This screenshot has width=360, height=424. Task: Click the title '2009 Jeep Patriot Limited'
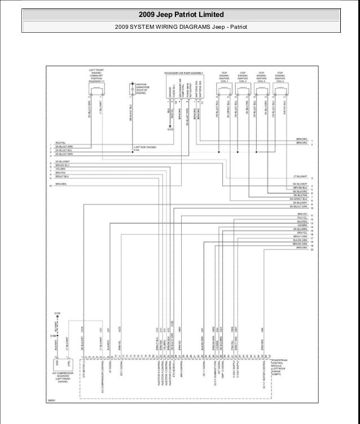(181, 14)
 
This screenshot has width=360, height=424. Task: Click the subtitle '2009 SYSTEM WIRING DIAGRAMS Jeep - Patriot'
(181, 27)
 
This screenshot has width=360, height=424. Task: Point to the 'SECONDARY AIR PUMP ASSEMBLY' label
(184, 73)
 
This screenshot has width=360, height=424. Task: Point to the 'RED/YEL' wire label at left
(60, 143)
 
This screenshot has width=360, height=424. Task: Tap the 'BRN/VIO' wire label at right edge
(301, 215)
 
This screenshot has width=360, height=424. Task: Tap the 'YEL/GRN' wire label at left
(60, 168)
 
